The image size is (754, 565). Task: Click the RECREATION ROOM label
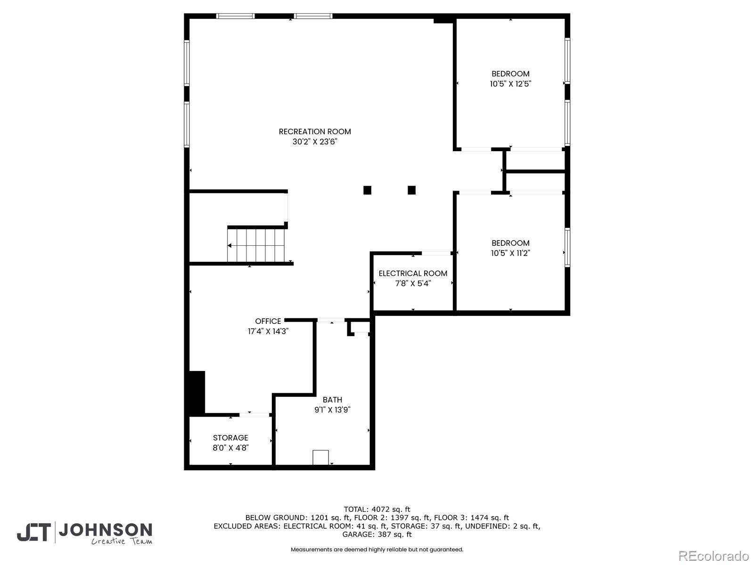[x=315, y=131]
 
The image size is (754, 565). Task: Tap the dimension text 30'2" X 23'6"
[x=315, y=142]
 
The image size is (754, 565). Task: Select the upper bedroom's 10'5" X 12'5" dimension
[x=510, y=84]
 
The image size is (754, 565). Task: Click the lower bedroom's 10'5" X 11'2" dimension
[x=510, y=253]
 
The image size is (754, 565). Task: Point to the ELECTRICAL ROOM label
[x=413, y=273]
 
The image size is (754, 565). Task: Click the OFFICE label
[x=268, y=321]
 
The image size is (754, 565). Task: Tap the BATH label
[x=332, y=400]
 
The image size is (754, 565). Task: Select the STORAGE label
[x=230, y=437]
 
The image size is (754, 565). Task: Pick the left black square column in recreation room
[x=367, y=190]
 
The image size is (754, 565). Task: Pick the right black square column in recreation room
[x=411, y=190]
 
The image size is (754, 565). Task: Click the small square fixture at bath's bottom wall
[x=320, y=457]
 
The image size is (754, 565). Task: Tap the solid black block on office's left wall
[x=197, y=392]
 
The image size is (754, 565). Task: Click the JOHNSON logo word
[x=105, y=530]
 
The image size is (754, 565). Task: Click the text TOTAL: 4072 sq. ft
[x=377, y=509]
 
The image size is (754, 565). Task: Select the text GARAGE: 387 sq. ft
[x=377, y=534]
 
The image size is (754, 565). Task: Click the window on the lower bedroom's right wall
[x=567, y=248]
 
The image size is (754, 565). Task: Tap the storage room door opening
[x=254, y=415]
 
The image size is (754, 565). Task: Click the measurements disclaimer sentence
[x=377, y=549]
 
